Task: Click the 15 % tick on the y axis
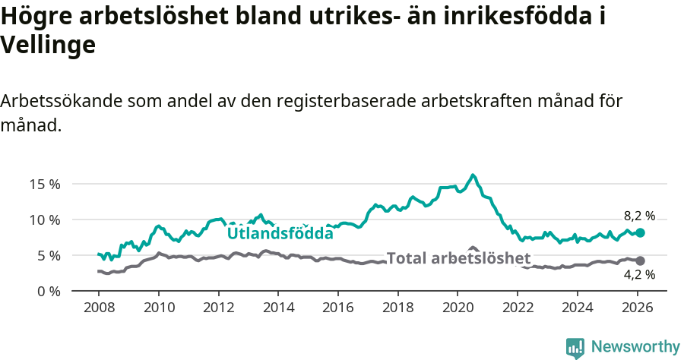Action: tap(44, 184)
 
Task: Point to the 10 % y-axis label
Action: tap(44, 219)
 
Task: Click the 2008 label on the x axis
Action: tap(99, 308)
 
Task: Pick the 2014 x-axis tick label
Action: tap(278, 308)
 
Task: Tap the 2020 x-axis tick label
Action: tap(458, 308)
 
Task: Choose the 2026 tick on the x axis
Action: tap(637, 308)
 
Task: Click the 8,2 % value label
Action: tap(639, 216)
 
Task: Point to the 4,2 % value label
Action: tap(639, 275)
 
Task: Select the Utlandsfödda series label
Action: tap(280, 233)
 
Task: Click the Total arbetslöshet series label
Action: tap(459, 258)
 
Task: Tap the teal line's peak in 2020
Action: tap(473, 175)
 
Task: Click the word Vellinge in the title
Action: tap(48, 46)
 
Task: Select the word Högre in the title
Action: tap(33, 17)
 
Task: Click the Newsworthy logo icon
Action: tap(575, 348)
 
